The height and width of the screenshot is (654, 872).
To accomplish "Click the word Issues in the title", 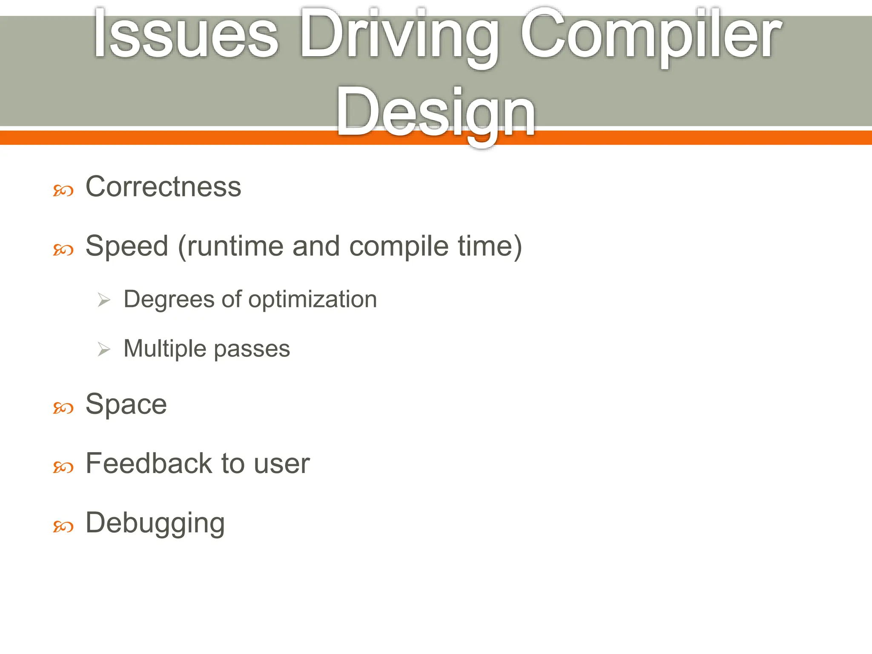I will pos(186,34).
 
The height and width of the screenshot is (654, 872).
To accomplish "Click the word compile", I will pos(399,247).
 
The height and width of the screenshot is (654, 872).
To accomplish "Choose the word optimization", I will pos(313,300).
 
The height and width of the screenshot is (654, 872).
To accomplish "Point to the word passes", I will pos(252,349).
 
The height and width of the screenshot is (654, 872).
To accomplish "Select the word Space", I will pos(126,404).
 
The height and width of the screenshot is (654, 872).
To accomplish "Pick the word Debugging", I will pos(155,524).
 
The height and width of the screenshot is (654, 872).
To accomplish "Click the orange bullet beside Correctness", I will pos(63,191).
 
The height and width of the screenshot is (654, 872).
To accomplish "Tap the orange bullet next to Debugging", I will pos(63,527).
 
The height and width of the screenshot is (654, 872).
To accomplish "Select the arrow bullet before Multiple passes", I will pos(104,350).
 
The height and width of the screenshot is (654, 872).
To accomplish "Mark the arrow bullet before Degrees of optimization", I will pos(104,300).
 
